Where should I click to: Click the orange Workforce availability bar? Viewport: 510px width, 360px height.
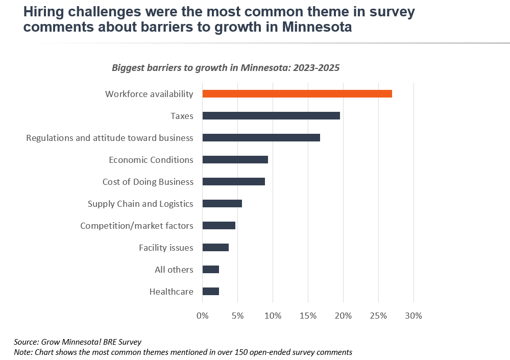[x=297, y=93]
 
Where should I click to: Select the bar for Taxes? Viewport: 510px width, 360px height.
[x=271, y=115]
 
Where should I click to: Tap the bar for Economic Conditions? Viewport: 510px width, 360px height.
[x=235, y=159]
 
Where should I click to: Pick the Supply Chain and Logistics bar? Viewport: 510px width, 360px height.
[x=222, y=203]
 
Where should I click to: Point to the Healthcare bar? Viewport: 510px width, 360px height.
[x=211, y=291]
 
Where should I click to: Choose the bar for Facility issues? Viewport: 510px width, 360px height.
[x=215, y=247]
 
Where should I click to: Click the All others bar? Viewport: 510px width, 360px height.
[x=211, y=269]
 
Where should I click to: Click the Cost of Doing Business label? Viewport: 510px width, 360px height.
[x=148, y=182]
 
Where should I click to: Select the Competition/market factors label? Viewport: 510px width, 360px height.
[x=136, y=226]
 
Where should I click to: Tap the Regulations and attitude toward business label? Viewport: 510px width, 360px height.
[x=109, y=138]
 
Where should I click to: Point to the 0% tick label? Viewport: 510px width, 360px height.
[x=203, y=316]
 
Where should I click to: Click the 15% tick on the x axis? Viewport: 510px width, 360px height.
[x=308, y=316]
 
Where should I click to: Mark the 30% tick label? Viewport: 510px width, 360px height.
[x=413, y=316]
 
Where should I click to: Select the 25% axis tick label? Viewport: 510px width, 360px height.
[x=378, y=316]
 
